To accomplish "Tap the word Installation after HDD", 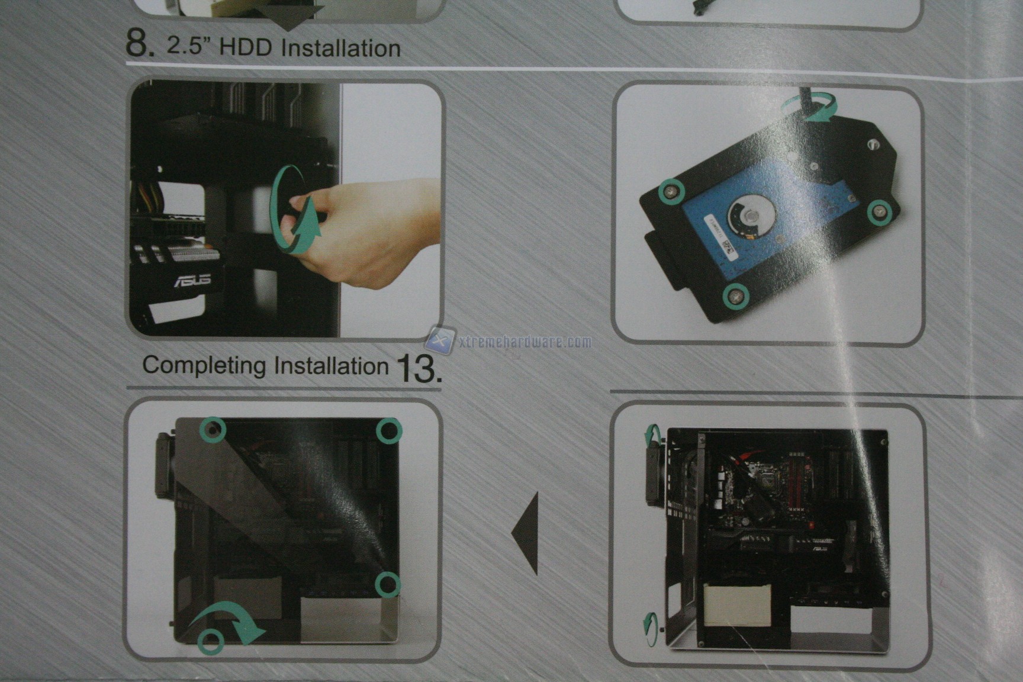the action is tap(341, 48).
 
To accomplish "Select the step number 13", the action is tap(419, 368).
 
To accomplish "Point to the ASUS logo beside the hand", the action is tap(192, 280).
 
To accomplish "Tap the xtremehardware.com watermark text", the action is tap(525, 342).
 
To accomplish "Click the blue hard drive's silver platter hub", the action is tap(747, 217).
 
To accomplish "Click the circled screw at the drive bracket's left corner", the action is tap(670, 191).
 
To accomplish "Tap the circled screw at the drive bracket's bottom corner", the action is tap(736, 295).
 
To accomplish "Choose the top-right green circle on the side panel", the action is tap(388, 430).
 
